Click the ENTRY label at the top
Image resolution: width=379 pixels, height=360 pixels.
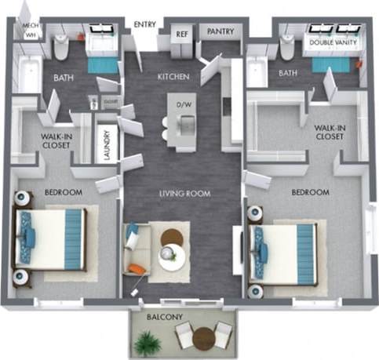click(x=145, y=24)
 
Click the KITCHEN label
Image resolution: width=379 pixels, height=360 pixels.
click(x=173, y=77)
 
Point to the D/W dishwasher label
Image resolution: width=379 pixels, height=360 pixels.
click(x=185, y=104)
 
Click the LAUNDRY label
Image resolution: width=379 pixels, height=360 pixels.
click(x=106, y=144)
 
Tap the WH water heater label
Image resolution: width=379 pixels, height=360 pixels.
click(x=31, y=35)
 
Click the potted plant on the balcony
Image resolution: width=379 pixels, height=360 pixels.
click(x=147, y=341)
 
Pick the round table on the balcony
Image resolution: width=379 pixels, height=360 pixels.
click(x=205, y=338)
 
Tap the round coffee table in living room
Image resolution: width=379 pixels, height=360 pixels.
click(x=173, y=255)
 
